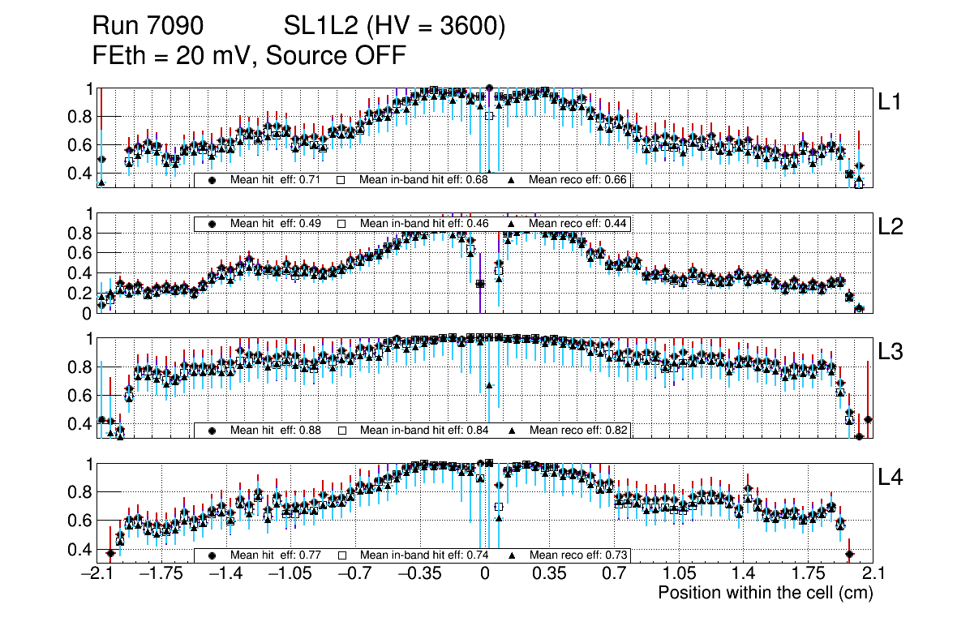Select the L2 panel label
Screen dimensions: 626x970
click(x=891, y=227)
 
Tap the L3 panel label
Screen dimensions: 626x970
click(x=891, y=352)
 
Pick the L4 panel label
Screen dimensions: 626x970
click(x=891, y=478)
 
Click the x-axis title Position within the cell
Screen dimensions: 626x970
click(x=765, y=593)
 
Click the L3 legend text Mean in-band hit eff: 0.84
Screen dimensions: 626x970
click(x=423, y=430)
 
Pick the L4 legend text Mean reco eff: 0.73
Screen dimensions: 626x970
click(x=577, y=555)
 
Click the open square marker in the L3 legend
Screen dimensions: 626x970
click(x=341, y=430)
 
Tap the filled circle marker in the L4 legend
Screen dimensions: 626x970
click(x=212, y=555)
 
